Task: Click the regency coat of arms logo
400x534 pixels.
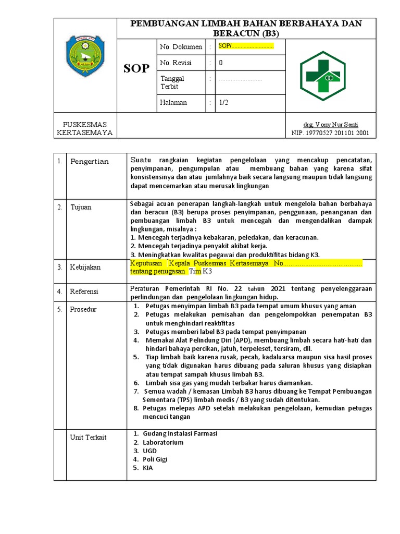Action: click(85, 56)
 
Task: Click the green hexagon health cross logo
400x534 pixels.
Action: click(322, 76)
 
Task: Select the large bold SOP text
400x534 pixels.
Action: click(136, 68)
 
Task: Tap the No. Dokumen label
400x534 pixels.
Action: click(181, 47)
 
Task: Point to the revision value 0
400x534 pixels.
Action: click(221, 63)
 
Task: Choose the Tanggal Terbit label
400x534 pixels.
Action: click(172, 82)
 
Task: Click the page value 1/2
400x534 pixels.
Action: click(223, 103)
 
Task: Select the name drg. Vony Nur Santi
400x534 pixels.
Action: click(330, 125)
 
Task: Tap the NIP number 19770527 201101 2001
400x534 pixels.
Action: click(330, 133)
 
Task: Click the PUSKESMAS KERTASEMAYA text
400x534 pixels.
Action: click(85, 129)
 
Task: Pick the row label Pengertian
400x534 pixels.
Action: click(90, 162)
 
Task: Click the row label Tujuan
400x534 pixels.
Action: click(81, 208)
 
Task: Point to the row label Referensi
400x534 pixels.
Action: click(84, 292)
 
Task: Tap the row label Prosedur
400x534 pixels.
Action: click(83, 310)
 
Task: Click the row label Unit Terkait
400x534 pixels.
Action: click(88, 438)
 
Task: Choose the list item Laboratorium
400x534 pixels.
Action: click(163, 442)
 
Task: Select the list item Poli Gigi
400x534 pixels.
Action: click(155, 459)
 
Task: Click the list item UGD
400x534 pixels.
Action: click(150, 451)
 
